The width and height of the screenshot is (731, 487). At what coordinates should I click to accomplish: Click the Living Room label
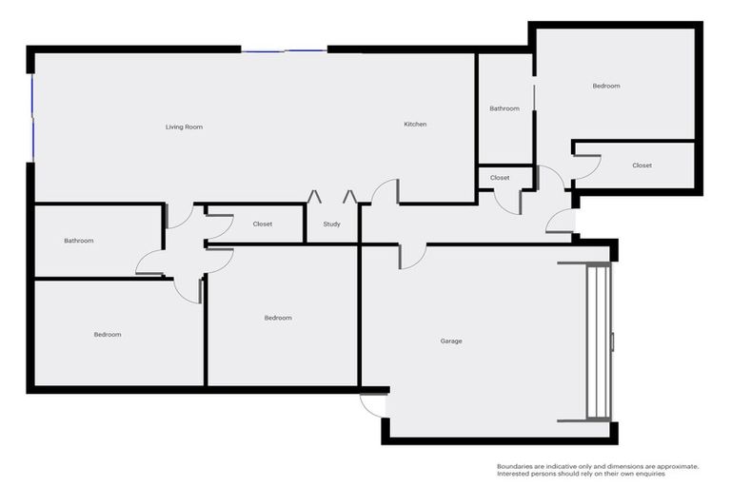pyautogui.click(x=184, y=127)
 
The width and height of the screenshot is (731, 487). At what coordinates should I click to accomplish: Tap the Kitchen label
pyautogui.click(x=415, y=125)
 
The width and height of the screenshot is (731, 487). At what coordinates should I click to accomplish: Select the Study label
pyautogui.click(x=331, y=224)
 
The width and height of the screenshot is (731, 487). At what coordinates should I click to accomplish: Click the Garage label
pyautogui.click(x=451, y=341)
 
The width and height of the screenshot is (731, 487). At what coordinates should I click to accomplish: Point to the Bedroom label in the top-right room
pyautogui.click(x=606, y=86)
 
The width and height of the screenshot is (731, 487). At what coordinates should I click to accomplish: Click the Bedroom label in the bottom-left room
pyautogui.click(x=108, y=334)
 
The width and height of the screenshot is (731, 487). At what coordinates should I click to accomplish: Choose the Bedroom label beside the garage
pyautogui.click(x=278, y=318)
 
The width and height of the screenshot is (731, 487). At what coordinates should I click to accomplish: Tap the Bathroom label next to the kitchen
pyautogui.click(x=504, y=108)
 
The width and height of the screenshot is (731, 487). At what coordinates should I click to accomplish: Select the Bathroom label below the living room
pyautogui.click(x=79, y=241)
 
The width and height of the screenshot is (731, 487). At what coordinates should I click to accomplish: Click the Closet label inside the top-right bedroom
pyautogui.click(x=642, y=166)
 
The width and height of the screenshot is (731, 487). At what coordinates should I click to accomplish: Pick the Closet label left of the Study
pyautogui.click(x=263, y=224)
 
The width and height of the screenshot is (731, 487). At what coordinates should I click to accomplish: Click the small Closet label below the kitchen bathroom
pyautogui.click(x=500, y=178)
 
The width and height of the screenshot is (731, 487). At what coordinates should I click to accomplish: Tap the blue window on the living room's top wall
pyautogui.click(x=284, y=50)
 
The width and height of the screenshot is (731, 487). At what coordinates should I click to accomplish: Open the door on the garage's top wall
pyautogui.click(x=412, y=256)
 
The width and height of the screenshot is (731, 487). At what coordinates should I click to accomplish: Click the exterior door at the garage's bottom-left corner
pyautogui.click(x=373, y=405)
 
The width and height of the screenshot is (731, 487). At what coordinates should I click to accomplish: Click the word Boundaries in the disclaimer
pyautogui.click(x=515, y=466)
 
